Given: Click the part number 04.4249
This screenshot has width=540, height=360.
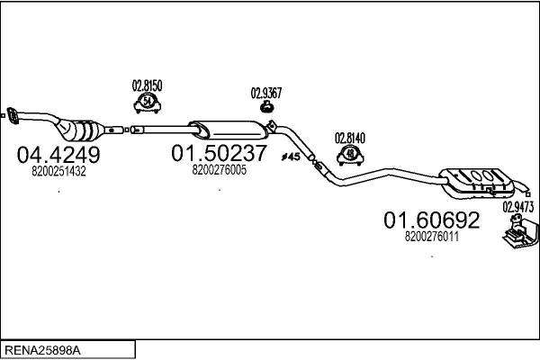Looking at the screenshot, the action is click(58, 155).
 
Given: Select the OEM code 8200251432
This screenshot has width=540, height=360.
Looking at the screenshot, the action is click(58, 171).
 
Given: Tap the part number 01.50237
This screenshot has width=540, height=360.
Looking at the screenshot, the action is click(219, 153).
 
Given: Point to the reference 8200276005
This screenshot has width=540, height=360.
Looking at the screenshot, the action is click(220, 170).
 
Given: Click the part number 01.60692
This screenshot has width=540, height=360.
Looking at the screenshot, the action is click(431, 220).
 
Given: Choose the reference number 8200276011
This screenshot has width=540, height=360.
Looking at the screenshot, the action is click(431, 237).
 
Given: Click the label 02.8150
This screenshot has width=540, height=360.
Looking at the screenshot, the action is click(147, 85).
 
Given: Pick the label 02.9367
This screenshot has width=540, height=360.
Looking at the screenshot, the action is click(266, 93).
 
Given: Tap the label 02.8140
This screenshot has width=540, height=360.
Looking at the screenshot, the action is click(350, 138).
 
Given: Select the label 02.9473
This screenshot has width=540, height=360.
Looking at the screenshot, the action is click(518, 207).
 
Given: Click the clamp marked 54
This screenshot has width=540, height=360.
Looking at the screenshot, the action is click(148, 103).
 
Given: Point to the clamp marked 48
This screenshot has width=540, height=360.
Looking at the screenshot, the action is click(350, 156).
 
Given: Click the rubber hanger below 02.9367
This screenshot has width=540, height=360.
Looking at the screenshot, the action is click(266, 107).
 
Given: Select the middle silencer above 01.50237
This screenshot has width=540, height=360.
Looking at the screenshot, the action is click(229, 130).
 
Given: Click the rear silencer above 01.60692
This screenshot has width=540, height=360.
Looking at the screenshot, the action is click(477, 183).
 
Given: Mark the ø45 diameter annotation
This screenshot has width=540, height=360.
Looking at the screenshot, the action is click(291, 157).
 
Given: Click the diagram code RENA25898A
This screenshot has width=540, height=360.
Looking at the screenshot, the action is click(42, 351).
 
